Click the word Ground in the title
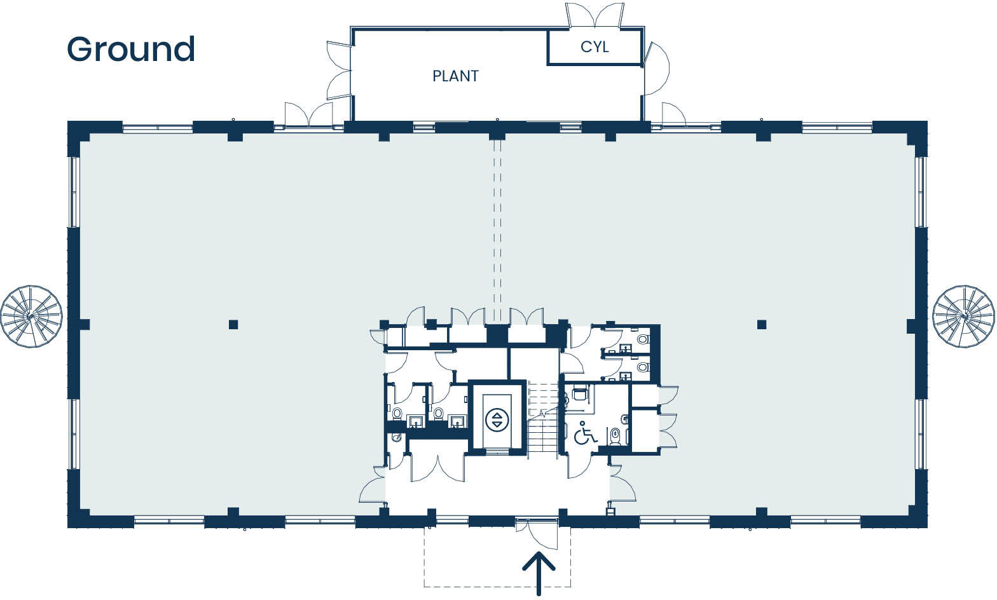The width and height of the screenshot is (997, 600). pos(131,49)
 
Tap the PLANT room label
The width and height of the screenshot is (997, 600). pos(455,76)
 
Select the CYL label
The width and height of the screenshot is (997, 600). pos(595,47)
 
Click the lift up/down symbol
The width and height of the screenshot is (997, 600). pos(497,419)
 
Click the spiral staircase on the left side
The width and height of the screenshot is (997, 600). pos(31,316)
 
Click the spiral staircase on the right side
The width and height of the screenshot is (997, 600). pos(963,316)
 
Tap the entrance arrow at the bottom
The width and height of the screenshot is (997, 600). pos(539,572)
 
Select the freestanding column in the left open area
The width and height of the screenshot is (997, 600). pos(233,324)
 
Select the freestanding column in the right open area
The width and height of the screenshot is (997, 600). pos(762,324)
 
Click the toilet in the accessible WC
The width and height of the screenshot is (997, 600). pos(615,436)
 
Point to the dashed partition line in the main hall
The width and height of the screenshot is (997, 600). pos(498,229)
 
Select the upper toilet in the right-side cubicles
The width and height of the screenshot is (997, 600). pos(642,339)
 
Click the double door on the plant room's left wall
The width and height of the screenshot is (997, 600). pos(339,70)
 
